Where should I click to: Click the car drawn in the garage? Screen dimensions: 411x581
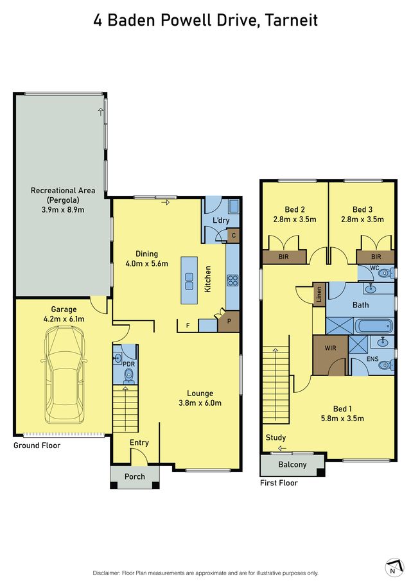coord(64,375)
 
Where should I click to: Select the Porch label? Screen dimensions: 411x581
coord(134,476)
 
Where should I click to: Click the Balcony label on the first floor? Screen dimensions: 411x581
coord(292,464)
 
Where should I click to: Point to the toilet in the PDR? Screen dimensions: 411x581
coord(128,375)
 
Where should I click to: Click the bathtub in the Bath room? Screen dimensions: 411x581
coord(374,326)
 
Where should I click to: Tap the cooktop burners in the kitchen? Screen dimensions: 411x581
coord(232,280)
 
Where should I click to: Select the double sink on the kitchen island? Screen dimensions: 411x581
coord(189,281)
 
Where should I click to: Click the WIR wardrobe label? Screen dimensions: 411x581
coord(330,348)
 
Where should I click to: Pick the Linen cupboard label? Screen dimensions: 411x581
coord(319,295)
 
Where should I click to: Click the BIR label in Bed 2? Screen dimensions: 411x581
coord(283,256)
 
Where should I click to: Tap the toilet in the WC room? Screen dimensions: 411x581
coord(386,274)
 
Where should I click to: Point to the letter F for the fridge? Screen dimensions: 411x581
coord(188,325)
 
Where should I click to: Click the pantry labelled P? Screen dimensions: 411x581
coord(228,321)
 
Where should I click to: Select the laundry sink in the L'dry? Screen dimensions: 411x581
coord(234,206)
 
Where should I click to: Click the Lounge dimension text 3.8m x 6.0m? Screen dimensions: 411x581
coord(200,403)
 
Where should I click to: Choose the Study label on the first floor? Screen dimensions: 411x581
coord(275,438)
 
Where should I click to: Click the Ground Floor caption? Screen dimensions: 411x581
coord(37,446)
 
